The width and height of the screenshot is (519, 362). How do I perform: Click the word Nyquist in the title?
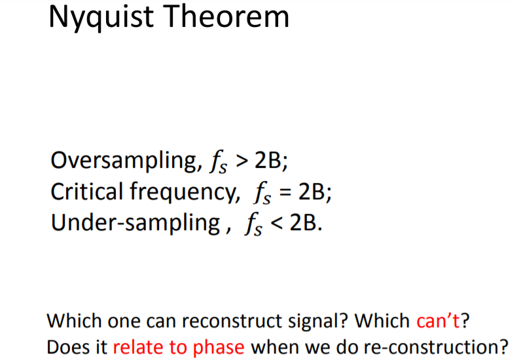pyautogui.click(x=101, y=18)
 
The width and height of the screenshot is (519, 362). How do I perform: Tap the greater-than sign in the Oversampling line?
pyautogui.click(x=242, y=161)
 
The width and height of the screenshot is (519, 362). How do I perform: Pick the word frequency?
pyautogui.click(x=185, y=193)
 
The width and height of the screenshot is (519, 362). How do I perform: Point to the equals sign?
pyautogui.click(x=285, y=193)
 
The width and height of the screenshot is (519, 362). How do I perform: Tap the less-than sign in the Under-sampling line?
pyautogui.click(x=276, y=223)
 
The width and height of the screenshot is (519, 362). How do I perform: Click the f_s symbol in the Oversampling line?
pyautogui.click(x=218, y=162)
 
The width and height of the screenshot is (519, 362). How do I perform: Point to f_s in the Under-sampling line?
pyautogui.click(x=253, y=224)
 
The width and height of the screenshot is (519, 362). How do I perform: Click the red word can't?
pyautogui.click(x=438, y=321)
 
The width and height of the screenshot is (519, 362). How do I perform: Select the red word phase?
pyautogui.click(x=219, y=348)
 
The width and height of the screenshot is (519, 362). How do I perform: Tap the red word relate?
pyautogui.click(x=138, y=347)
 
